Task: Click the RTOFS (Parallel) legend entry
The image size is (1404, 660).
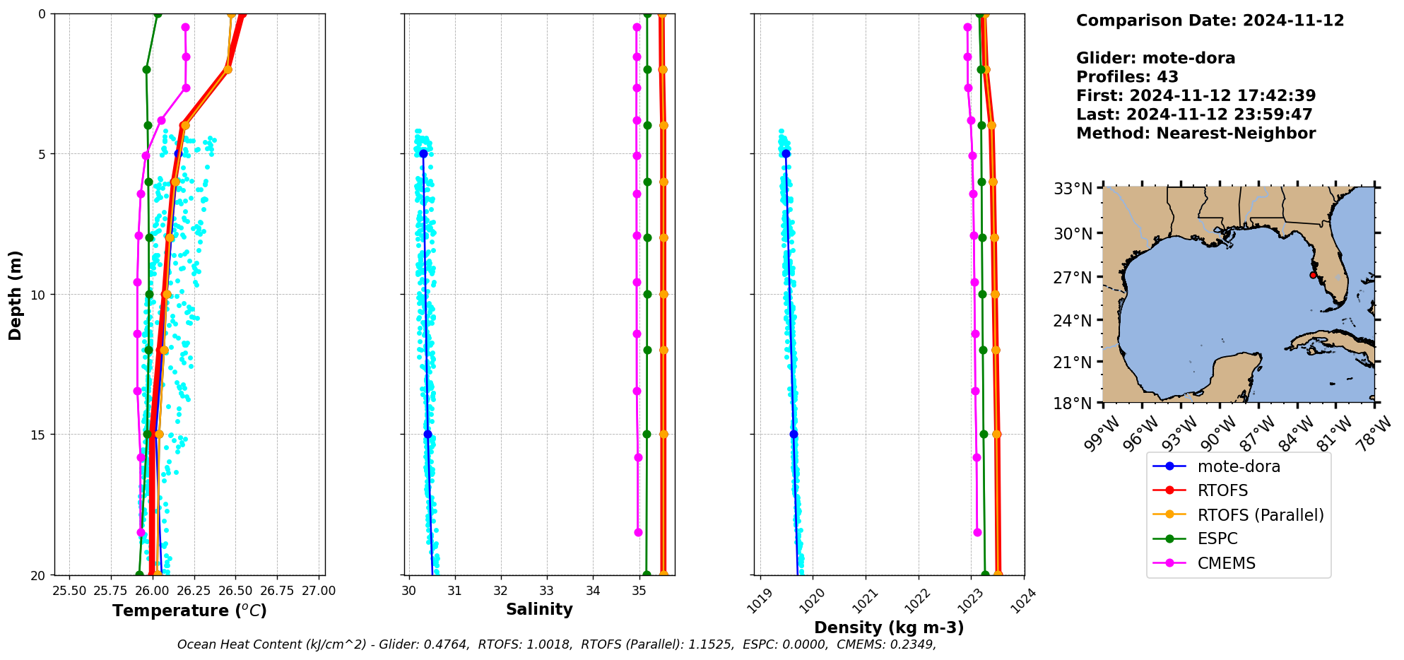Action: coord(1260,515)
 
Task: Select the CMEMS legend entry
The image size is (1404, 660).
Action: coord(1226,563)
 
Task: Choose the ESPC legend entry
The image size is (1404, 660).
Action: coord(1217,539)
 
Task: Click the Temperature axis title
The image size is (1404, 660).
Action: coord(189,611)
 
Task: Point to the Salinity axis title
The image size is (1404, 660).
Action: coord(539,609)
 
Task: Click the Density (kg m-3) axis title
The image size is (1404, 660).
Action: coord(889,627)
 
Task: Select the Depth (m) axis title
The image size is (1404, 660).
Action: coord(15,295)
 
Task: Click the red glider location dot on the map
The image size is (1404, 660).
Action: coord(1313,275)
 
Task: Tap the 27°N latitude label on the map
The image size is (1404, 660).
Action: coord(1073,278)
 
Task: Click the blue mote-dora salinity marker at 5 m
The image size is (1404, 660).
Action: coord(423,153)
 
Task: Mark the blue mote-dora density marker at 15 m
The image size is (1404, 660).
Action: coord(794,435)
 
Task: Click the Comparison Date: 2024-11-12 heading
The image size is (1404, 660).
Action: coord(1210,20)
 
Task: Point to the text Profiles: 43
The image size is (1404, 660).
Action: coord(1127,77)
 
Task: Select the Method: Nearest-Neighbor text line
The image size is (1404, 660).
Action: coord(1196,134)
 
